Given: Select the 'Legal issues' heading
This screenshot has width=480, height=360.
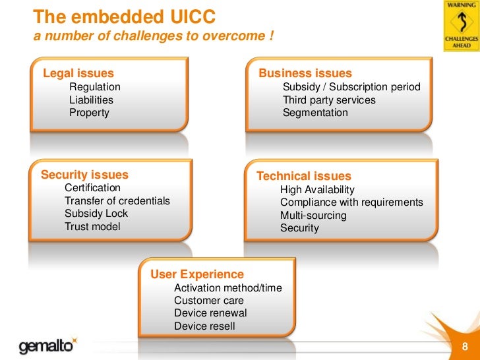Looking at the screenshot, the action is coord(78,73).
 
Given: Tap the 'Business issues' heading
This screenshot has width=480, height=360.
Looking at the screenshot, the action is coord(305,73).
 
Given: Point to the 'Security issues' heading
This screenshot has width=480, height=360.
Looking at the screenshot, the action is coord(84,175).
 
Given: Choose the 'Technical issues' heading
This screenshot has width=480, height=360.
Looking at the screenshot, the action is coord(303,176).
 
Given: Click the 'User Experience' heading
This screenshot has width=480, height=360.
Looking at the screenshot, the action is coord(197,274).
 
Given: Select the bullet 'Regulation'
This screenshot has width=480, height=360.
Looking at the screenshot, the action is coord(95,87).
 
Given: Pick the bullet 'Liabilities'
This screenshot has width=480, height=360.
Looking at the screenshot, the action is coord(91,100).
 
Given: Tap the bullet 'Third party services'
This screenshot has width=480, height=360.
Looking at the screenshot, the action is coord(329,100).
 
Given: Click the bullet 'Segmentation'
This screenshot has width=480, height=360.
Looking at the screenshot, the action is coord(315,113).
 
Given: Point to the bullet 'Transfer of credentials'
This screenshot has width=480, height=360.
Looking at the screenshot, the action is coord(117,201).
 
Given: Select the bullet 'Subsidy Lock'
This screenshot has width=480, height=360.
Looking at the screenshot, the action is coord(96,214).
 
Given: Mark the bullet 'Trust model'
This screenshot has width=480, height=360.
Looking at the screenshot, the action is coord(92,227).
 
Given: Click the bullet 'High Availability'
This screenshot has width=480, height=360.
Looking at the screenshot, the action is coord(317,190).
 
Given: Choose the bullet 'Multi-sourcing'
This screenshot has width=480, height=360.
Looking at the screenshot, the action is coord(313,216).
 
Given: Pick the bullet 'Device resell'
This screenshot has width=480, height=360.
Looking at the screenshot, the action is coord(204,326).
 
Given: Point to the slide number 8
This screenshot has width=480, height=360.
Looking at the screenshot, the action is coord(465,347).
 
